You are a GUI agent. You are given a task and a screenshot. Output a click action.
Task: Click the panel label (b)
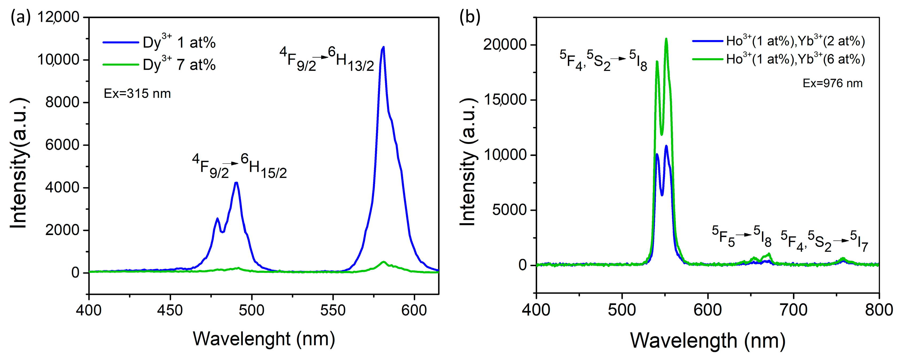470,17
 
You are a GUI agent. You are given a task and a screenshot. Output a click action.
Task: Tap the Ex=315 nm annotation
137,94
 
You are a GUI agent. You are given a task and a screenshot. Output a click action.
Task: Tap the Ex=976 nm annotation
833,83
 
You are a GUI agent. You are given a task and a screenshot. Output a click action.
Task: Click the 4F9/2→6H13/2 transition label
327,60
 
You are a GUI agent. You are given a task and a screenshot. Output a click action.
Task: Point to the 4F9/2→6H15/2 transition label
239,167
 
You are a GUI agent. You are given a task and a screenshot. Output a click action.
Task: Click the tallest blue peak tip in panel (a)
383,47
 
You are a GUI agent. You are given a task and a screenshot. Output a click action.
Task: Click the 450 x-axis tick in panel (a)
170,310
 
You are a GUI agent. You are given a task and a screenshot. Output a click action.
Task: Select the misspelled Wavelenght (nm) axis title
264,339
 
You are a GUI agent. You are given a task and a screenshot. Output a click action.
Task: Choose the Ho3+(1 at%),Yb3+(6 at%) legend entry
779,59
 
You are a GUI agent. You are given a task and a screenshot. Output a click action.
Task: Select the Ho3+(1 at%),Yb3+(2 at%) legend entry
779,41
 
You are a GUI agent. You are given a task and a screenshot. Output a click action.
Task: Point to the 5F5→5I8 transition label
741,236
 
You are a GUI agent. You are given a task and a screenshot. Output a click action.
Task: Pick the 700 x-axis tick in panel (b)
794,310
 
